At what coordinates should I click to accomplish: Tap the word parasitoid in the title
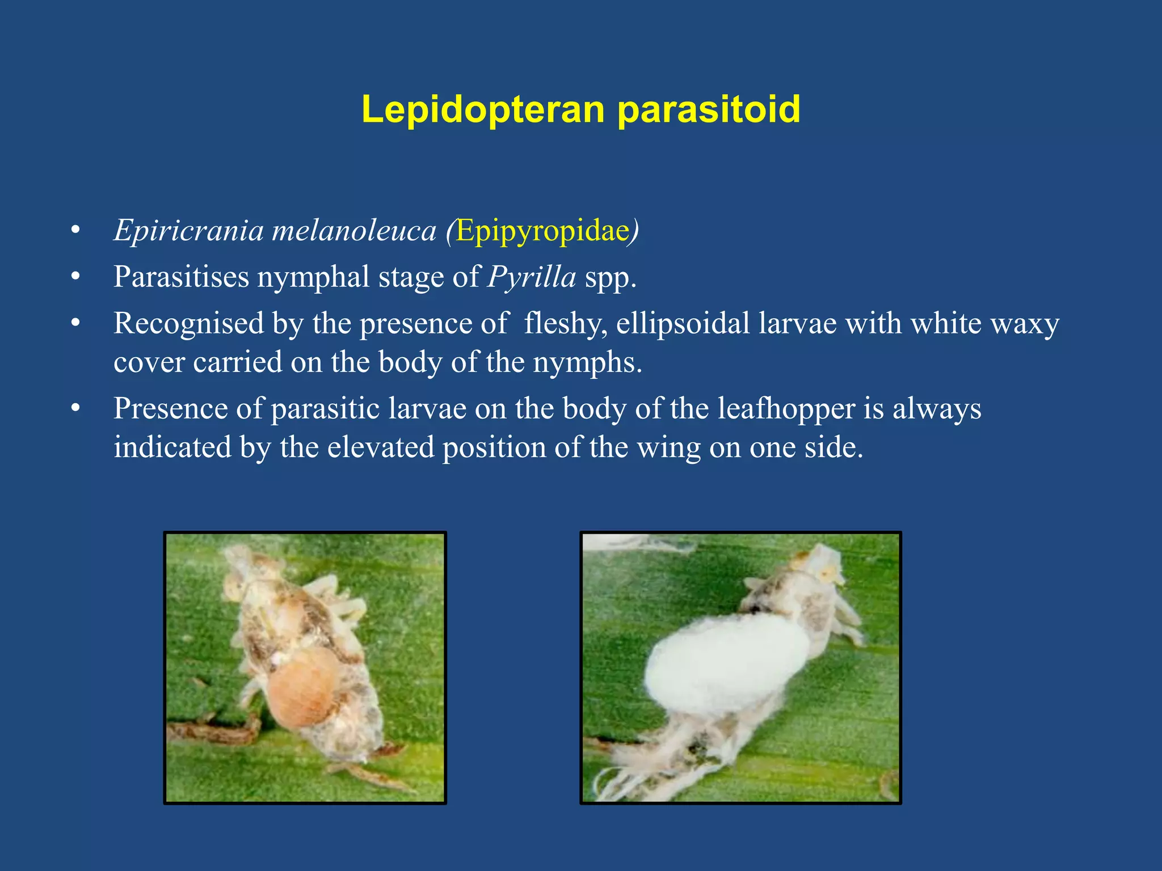[709, 109]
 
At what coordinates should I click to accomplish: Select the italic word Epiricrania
[189, 231]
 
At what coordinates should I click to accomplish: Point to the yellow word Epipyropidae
[543, 231]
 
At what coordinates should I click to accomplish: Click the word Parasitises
[181, 277]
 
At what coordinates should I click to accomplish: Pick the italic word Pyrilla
[532, 277]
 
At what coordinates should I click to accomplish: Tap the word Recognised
[188, 324]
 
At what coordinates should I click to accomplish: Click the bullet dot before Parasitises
[75, 277]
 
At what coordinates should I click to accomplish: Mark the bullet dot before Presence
[75, 409]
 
